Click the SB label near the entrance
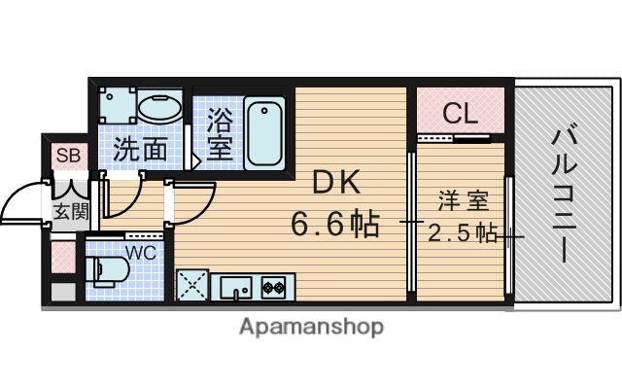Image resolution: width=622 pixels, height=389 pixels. tap(68, 155)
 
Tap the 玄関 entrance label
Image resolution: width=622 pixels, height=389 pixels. tap(68, 210)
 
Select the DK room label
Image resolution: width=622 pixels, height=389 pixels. tap(334, 182)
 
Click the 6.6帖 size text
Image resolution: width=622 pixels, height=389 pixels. tap(335, 227)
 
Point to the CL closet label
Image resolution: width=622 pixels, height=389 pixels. tap(461, 114)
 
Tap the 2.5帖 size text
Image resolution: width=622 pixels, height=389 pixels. tap(464, 233)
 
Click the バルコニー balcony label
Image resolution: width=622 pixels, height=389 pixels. tap(563, 194)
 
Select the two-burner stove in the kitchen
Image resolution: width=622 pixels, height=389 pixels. tap(272, 287)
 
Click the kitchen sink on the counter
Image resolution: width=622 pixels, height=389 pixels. tap(234, 287)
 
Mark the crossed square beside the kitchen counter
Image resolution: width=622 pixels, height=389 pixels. tap(191, 287)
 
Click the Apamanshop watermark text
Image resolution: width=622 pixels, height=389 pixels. tap(311, 326)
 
